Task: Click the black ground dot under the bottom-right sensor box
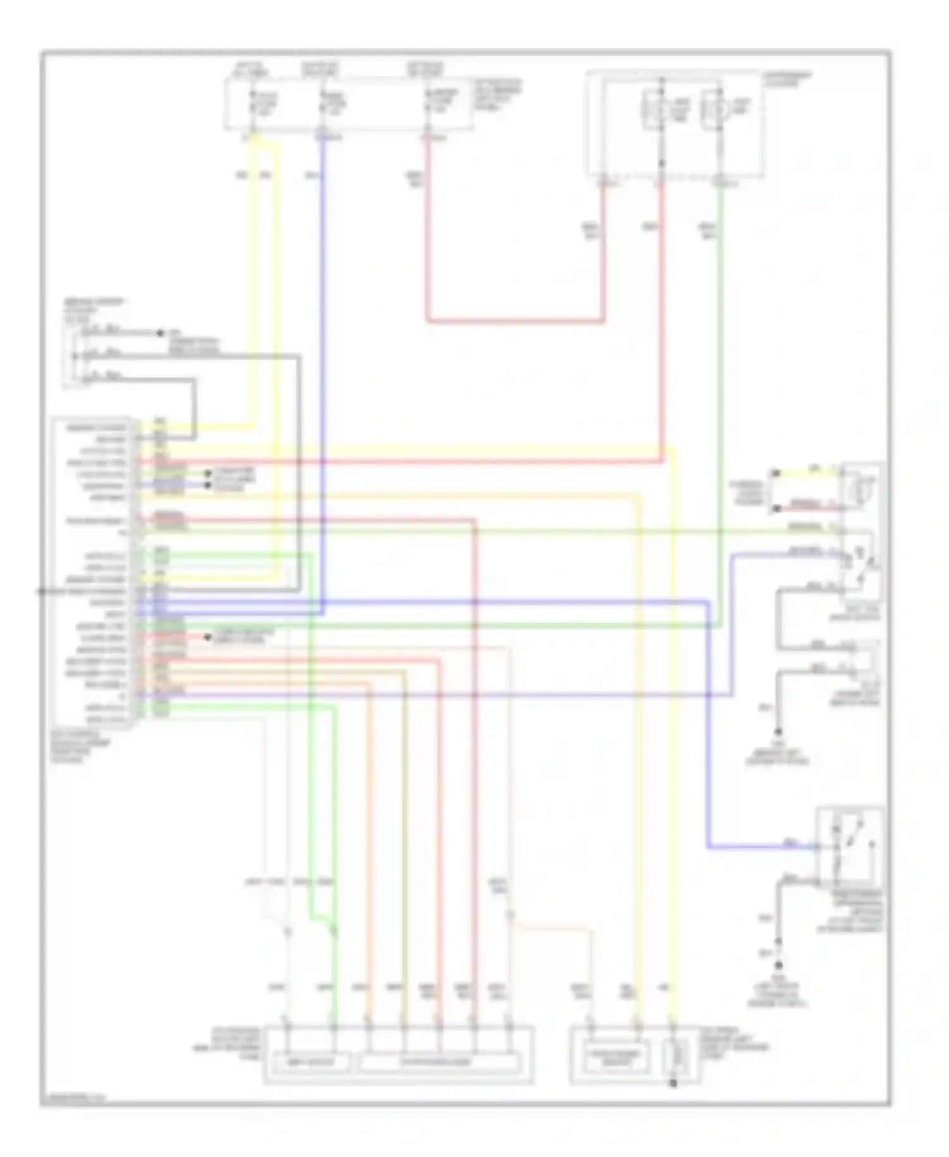click(x=673, y=1084)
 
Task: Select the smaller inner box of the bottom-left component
click(x=310, y=1062)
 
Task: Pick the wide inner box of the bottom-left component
click(x=440, y=1062)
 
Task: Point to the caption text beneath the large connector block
click(x=80, y=747)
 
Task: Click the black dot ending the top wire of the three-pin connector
click(x=160, y=332)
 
